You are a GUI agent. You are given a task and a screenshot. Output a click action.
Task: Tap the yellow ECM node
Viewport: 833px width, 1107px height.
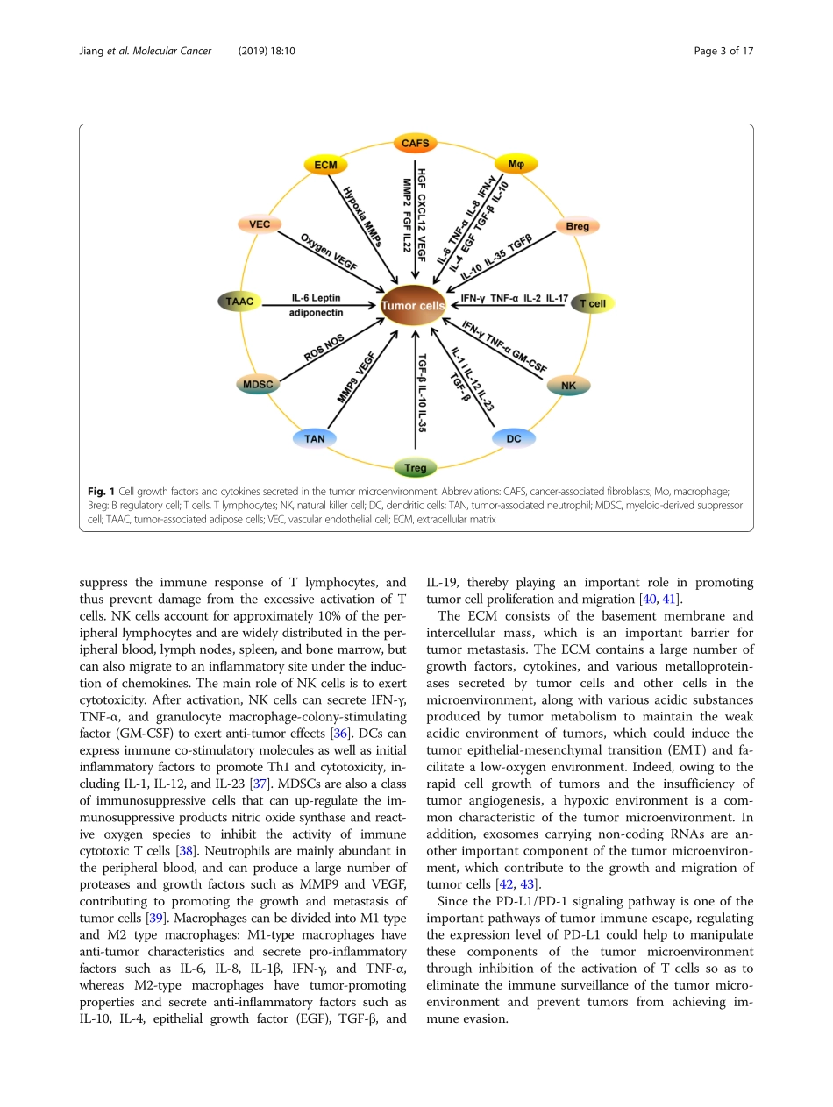point(325,165)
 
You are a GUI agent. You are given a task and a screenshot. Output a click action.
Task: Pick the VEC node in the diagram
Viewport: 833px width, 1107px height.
point(260,224)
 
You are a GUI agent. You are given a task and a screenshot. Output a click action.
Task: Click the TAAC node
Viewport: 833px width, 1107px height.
point(239,302)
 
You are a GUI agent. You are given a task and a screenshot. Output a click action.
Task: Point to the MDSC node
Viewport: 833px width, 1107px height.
point(258,384)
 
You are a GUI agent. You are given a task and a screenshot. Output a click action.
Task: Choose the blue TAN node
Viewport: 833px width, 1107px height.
point(314,438)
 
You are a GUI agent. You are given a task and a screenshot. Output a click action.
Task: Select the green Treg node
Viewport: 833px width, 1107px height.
point(416,468)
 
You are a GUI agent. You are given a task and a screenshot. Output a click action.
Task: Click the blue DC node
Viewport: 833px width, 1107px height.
point(514,438)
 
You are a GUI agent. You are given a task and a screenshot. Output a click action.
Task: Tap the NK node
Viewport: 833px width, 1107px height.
point(568,385)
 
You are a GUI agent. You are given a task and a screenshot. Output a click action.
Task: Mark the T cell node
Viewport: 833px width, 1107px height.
point(593,303)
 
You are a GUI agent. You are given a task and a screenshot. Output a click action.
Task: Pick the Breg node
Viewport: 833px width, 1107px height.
point(577,226)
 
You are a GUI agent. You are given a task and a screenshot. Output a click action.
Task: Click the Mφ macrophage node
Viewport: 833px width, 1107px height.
point(516,164)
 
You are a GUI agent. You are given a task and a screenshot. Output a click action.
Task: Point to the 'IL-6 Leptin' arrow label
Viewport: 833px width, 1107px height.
point(317,298)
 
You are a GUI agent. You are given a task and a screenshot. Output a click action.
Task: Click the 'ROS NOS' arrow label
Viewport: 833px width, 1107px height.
point(324,348)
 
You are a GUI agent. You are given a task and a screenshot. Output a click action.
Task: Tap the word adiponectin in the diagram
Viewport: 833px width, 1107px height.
point(317,312)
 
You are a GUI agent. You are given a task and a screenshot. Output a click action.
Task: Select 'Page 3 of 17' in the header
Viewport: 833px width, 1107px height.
point(723,51)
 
